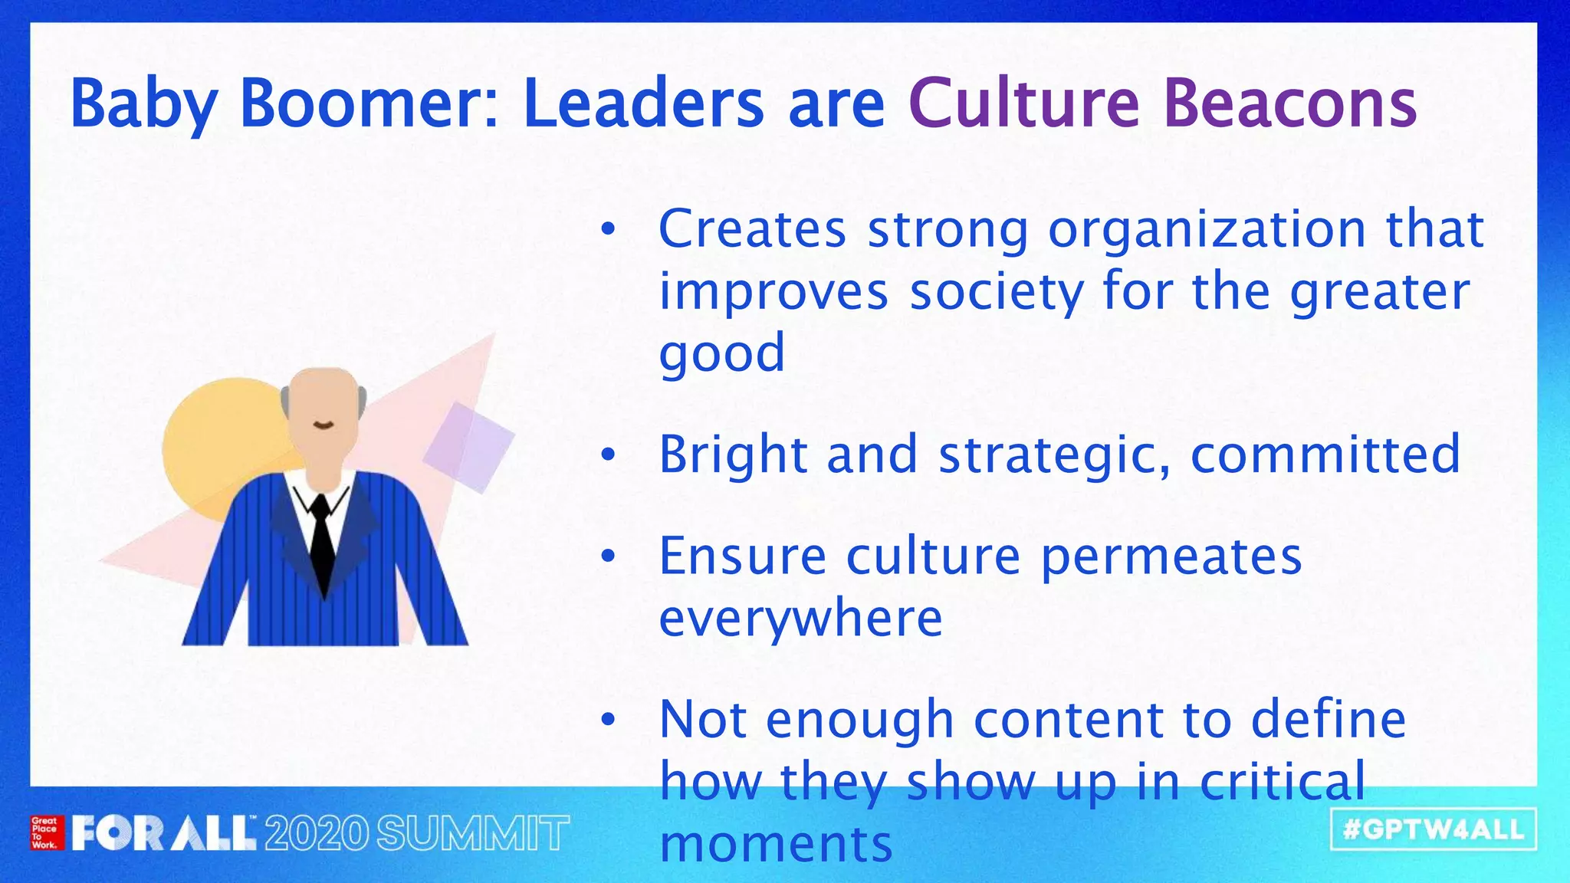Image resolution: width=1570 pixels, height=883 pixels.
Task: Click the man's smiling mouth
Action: [x=324, y=425]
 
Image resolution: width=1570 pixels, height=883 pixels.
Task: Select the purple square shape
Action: [x=468, y=447]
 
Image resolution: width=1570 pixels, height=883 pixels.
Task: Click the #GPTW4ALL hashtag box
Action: [x=1434, y=829]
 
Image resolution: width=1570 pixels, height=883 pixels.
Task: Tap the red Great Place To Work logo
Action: [x=45, y=833]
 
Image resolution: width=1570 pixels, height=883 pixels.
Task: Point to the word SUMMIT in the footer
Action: [x=472, y=834]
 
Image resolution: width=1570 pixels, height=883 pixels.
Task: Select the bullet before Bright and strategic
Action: [x=608, y=455]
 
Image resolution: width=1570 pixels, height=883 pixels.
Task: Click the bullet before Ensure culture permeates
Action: [x=608, y=557]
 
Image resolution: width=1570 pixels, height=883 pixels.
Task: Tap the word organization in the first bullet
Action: [x=1207, y=230]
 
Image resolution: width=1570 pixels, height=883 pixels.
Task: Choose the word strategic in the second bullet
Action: [x=1055, y=455]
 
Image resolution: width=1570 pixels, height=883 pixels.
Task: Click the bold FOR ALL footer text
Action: [x=164, y=834]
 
